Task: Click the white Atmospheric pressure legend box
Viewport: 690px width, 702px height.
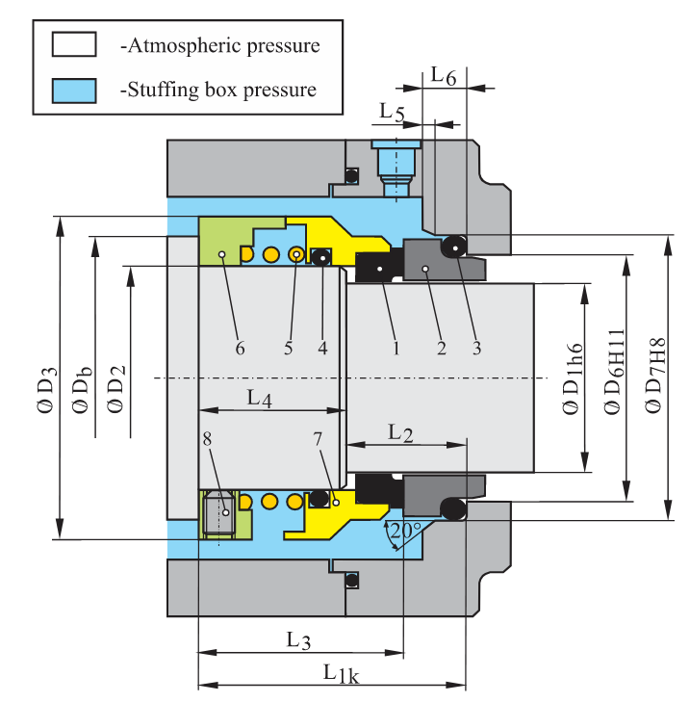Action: tap(75, 44)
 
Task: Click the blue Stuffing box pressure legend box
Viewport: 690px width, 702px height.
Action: tap(75, 91)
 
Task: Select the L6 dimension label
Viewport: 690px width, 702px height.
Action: tap(444, 74)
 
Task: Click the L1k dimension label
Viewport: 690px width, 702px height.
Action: tap(341, 673)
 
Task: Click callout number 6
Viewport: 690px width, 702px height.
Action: tap(240, 348)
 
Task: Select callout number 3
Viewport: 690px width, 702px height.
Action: tap(475, 348)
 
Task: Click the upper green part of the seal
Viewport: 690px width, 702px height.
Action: tap(227, 242)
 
